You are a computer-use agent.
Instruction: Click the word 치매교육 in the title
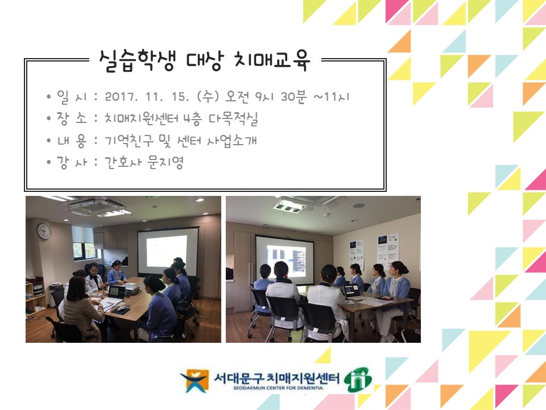click(x=271, y=61)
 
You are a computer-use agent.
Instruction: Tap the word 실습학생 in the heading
click(x=137, y=61)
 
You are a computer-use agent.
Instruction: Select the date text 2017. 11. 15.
click(x=147, y=97)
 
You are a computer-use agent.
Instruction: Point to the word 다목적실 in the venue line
click(x=233, y=118)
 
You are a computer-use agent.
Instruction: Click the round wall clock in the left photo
click(x=44, y=231)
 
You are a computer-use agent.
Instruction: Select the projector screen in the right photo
click(x=285, y=258)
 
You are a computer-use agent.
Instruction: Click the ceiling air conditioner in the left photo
click(x=99, y=206)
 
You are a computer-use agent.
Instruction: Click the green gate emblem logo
click(x=358, y=379)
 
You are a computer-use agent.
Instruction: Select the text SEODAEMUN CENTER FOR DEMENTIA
click(x=278, y=388)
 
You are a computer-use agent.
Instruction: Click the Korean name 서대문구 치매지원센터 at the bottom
click(x=276, y=378)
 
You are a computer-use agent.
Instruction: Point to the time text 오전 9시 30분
click(x=266, y=97)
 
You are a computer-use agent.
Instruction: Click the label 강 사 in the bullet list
click(x=72, y=162)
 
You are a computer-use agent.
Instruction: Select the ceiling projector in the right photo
click(x=288, y=205)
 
